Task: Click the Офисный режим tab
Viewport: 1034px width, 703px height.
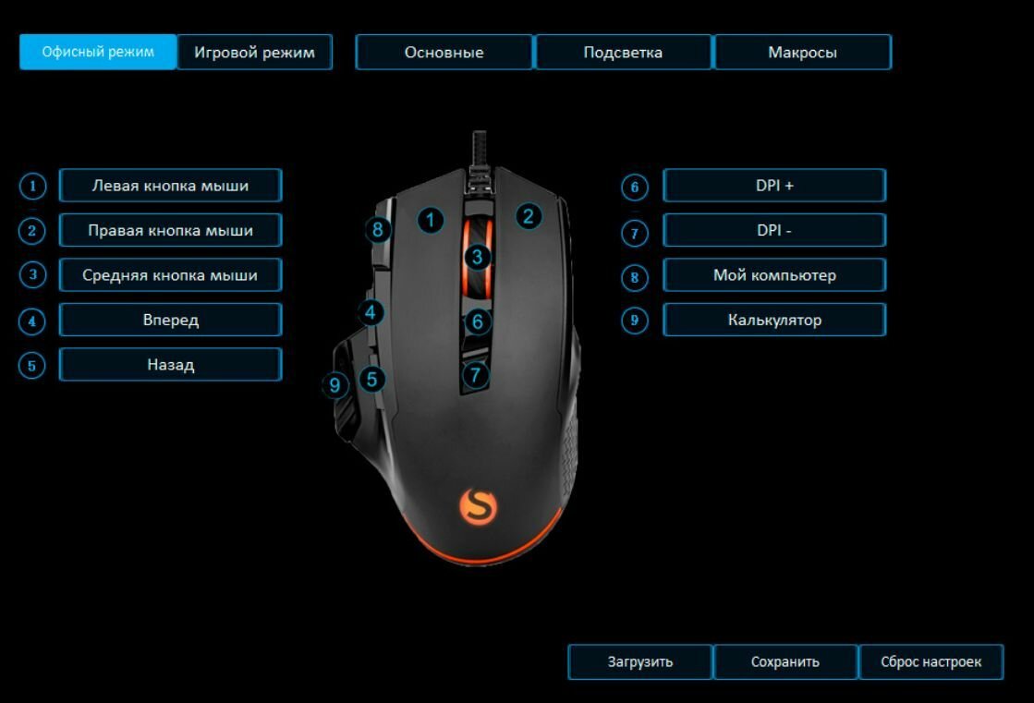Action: [97, 52]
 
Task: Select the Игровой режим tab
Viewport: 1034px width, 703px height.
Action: [254, 53]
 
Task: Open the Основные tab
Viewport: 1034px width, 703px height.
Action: [444, 53]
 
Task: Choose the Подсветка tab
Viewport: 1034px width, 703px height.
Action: [623, 53]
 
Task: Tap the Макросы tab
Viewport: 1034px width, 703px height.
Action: [802, 53]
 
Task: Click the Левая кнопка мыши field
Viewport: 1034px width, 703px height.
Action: [170, 186]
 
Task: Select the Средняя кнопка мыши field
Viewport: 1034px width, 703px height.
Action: [170, 275]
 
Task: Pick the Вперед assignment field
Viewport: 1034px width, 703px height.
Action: [170, 320]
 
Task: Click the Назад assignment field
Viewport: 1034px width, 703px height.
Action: [170, 365]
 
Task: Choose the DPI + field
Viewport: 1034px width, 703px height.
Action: [774, 186]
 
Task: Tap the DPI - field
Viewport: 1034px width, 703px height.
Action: [774, 230]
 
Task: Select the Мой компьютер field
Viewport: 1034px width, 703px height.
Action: [774, 275]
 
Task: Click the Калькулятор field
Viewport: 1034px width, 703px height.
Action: [774, 320]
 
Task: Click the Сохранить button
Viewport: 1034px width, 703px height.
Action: [785, 661]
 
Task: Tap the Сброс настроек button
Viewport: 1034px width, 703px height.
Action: [931, 661]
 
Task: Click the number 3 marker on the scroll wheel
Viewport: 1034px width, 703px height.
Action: [477, 257]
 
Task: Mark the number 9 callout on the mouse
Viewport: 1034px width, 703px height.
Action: [335, 384]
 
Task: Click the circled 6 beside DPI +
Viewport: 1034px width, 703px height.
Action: [635, 188]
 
